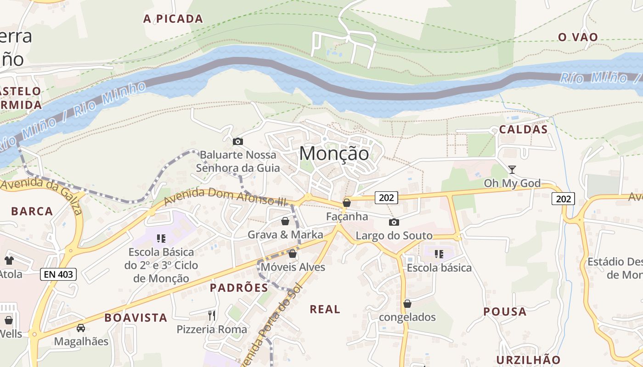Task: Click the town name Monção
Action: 334,154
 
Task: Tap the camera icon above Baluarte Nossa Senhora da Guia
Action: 238,141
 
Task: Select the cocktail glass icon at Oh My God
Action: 512,170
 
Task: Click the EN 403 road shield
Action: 58,274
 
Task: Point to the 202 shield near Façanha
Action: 386,198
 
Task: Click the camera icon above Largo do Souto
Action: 394,222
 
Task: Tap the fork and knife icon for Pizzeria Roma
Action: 212,315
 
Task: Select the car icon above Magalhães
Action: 81,328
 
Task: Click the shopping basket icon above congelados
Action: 407,304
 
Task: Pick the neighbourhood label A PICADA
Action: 173,19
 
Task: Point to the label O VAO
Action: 578,37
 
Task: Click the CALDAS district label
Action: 524,129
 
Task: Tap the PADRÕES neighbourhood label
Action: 239,288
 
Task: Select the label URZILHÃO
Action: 528,359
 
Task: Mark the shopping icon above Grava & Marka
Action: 285,222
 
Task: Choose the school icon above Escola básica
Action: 439,254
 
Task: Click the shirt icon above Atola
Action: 9,261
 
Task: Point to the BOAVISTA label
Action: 135,317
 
